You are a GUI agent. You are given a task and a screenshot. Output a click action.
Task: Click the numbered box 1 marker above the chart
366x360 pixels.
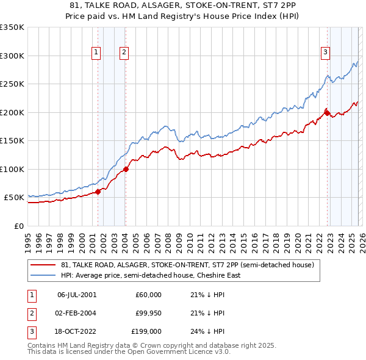[x=96, y=53]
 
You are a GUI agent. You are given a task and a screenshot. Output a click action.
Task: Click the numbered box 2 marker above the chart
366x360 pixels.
[x=124, y=53]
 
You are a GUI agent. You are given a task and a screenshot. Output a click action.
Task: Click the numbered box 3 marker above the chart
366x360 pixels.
[x=326, y=53]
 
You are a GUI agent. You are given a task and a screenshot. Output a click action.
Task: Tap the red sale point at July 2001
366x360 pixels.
[x=98, y=192]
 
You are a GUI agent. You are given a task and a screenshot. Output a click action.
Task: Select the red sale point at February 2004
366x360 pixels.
[x=126, y=170]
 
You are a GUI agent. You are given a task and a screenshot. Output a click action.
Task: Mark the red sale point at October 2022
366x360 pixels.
[x=327, y=113]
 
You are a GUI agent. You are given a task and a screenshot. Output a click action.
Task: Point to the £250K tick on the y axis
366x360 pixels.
[x=12, y=84]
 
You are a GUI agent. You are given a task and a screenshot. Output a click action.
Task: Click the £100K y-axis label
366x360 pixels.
[x=12, y=169]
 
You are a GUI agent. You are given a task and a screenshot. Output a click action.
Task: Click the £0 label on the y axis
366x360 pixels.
[x=18, y=226]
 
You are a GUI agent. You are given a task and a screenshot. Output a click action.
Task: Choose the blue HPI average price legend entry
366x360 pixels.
[x=151, y=275]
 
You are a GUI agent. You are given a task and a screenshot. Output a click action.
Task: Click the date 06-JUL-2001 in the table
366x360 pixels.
[x=77, y=295]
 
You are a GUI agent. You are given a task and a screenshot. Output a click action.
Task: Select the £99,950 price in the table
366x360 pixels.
[x=148, y=313]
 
